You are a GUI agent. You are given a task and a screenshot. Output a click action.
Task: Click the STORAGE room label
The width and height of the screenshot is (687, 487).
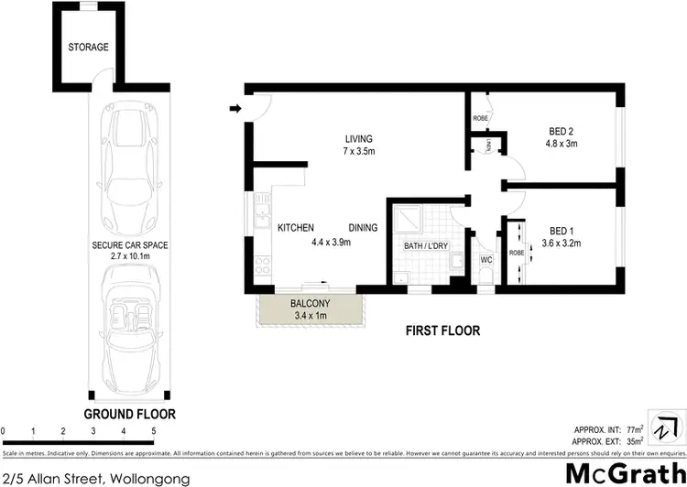pyautogui.click(x=88, y=47)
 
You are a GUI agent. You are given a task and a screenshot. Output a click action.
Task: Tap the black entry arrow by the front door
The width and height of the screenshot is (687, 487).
pyautogui.click(x=234, y=109)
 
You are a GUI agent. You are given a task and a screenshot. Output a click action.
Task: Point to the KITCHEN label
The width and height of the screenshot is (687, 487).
pyautogui.click(x=296, y=228)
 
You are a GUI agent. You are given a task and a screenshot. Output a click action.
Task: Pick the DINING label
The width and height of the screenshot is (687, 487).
pyautogui.click(x=365, y=228)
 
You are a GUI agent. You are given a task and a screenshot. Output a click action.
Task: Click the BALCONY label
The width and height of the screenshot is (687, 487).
pyautogui.click(x=312, y=304)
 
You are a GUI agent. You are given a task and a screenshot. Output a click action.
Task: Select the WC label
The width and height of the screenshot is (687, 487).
pyautogui.click(x=486, y=259)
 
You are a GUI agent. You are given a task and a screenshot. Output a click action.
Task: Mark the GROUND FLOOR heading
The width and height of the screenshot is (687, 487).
pyautogui.click(x=130, y=414)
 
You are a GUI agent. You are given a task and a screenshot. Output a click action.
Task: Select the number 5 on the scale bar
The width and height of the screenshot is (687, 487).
pyautogui.click(x=153, y=430)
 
